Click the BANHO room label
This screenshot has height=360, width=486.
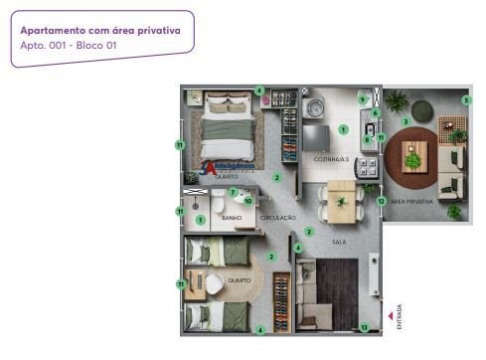click(x=233, y=217)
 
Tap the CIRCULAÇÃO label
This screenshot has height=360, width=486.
click(x=278, y=217)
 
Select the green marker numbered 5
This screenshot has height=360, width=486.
click(x=466, y=99)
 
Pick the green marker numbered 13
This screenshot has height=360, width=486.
click(x=364, y=326)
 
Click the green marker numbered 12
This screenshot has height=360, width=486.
click(x=381, y=201)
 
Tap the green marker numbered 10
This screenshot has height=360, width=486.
click(x=247, y=201)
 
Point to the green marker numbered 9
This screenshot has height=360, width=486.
click(x=362, y=99)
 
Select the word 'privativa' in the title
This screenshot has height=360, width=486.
click(x=154, y=30)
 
